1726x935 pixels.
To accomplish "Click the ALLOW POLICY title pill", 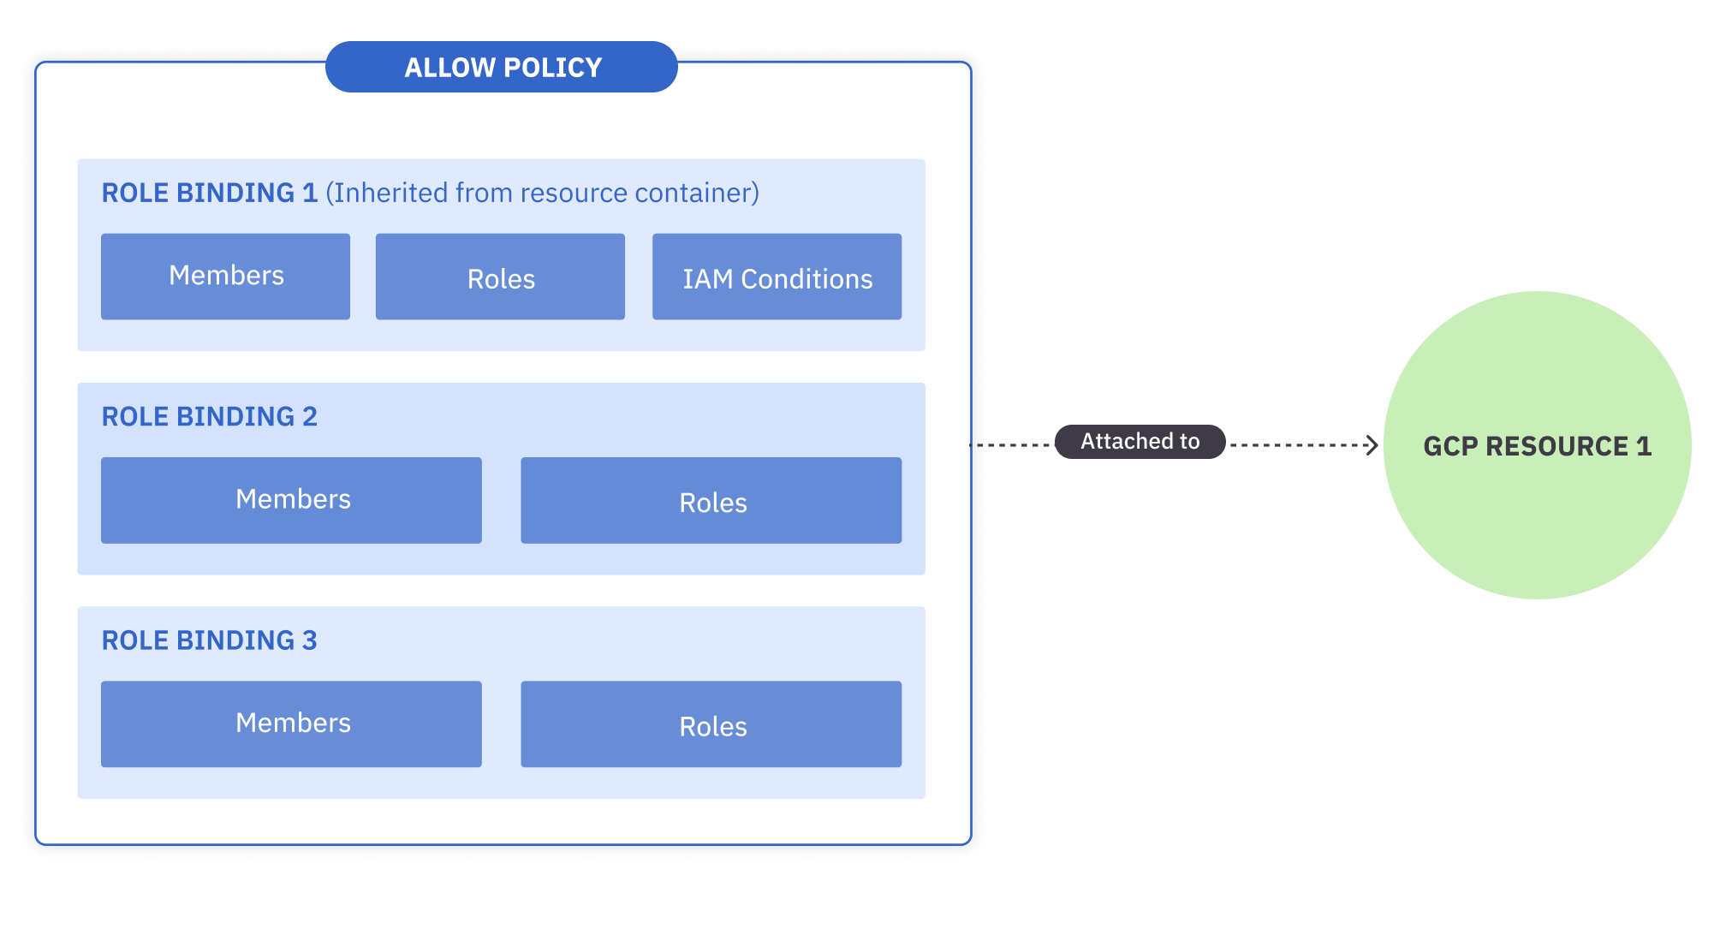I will tap(501, 67).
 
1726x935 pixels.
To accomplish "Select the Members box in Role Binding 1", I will tap(225, 276).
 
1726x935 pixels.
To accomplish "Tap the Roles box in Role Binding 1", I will tap(500, 277).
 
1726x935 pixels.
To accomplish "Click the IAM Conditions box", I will tap(777, 277).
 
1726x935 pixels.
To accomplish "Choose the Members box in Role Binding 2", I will tap(291, 500).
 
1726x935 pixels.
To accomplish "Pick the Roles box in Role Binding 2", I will tap(711, 501).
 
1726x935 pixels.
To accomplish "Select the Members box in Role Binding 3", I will tap(291, 724).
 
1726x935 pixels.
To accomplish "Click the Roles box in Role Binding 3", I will tap(711, 724).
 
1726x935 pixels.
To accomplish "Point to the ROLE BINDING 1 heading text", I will tap(209, 193).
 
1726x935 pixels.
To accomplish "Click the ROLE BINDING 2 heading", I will tap(209, 416).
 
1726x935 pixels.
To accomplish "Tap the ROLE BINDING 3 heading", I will tap(209, 640).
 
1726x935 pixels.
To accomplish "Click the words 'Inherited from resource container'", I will tap(542, 193).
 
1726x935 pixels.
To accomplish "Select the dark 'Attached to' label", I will tap(1140, 442).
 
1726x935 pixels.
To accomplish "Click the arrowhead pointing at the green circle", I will tap(1372, 445).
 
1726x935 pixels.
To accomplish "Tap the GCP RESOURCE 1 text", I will tap(1537, 446).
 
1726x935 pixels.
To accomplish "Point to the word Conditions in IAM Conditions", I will tap(806, 279).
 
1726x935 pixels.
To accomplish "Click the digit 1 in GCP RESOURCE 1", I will tap(1643, 446).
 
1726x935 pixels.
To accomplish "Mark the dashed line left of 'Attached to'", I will tap(1011, 445).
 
